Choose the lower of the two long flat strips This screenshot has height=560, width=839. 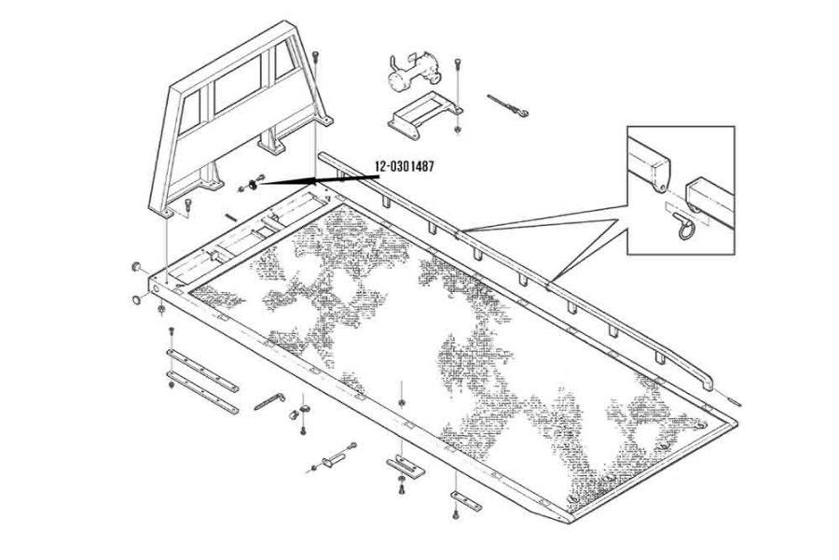point(199,391)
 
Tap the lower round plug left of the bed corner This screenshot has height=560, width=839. point(137,300)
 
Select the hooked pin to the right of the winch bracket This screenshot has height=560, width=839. point(509,107)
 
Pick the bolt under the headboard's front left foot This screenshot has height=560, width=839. point(191,206)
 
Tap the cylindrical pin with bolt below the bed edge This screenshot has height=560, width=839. point(332,460)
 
